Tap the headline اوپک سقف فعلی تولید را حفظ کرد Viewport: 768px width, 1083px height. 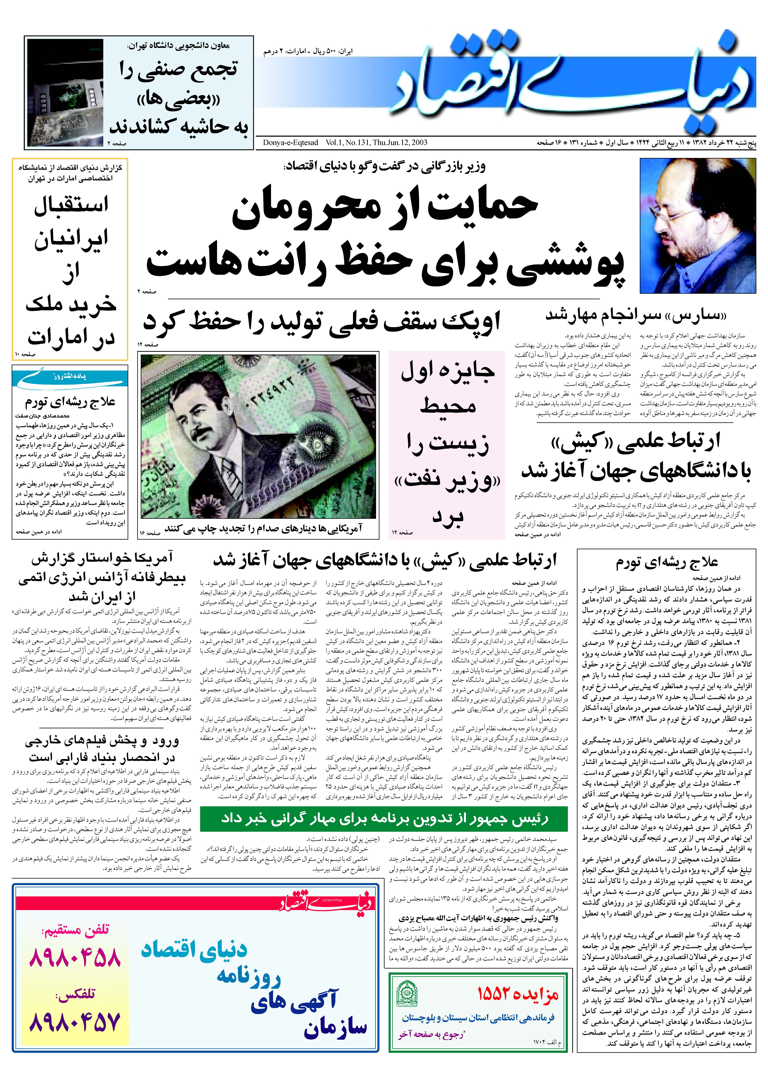[322, 323]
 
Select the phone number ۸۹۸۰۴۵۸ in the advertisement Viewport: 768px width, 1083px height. [75, 958]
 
